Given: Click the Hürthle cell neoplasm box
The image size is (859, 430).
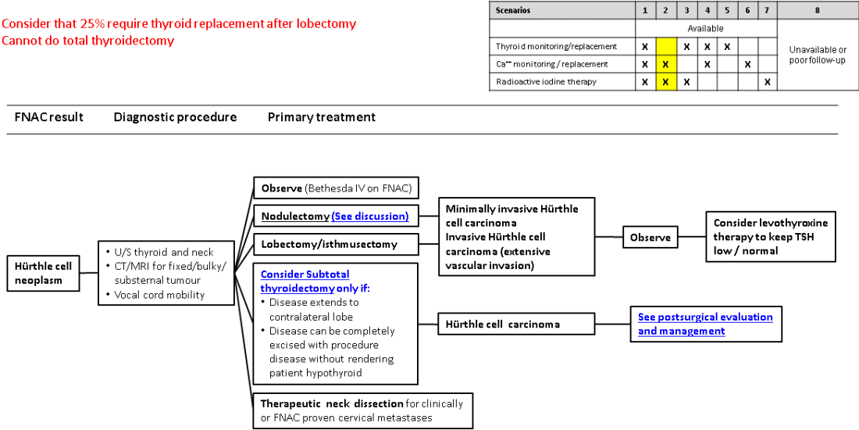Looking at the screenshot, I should (44, 273).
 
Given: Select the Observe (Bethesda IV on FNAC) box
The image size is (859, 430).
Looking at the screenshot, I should (337, 188).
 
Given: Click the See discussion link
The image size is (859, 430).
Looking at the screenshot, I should (370, 216).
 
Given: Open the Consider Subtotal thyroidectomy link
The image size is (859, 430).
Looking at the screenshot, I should (305, 281).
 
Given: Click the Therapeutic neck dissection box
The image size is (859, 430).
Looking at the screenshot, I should (362, 410).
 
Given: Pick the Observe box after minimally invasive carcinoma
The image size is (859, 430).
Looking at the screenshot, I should (650, 237).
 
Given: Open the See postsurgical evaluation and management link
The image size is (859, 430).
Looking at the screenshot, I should (705, 324).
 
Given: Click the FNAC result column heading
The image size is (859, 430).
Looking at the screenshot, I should (49, 117).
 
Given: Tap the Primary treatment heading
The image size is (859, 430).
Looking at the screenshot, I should (322, 117).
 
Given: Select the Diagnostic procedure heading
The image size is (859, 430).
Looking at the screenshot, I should (175, 117).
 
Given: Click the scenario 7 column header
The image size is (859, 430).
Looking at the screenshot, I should (768, 10).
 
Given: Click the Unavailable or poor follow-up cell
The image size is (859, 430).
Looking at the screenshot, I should (818, 55).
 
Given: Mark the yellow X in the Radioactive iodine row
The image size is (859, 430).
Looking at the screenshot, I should (665, 81).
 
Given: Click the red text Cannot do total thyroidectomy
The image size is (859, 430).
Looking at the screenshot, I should (87, 41).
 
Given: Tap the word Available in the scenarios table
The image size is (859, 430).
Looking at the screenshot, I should (706, 28).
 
